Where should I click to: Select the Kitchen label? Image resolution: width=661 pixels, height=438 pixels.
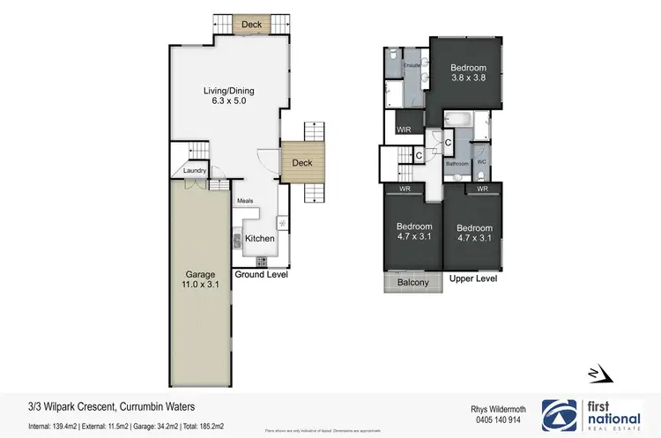(x=260, y=239)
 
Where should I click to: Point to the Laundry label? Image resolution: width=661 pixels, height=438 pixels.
(x=195, y=172)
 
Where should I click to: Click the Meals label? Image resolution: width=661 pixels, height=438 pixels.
(x=245, y=201)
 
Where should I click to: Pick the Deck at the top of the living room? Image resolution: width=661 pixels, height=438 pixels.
(x=251, y=25)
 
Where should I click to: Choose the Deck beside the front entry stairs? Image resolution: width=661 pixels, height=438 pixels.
(x=302, y=162)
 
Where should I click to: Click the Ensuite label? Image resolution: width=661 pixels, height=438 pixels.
(x=412, y=65)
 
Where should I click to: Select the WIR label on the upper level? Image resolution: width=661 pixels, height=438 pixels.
(x=405, y=130)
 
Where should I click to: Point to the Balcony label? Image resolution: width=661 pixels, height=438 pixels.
(x=413, y=282)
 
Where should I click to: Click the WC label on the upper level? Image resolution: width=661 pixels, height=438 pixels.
(x=481, y=163)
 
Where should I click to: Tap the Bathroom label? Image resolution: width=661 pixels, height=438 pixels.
(x=457, y=164)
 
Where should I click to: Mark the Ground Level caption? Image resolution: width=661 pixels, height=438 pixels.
(x=261, y=274)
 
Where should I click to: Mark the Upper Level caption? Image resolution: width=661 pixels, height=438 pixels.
(x=473, y=278)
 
